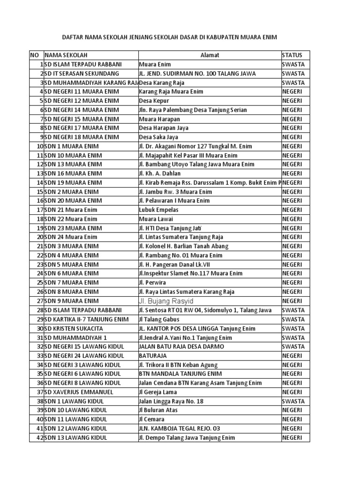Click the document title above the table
(180, 37)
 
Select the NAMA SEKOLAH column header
(66, 55)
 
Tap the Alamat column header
(210, 55)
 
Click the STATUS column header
(292, 55)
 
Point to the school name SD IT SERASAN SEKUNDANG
(82, 74)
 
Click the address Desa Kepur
(154, 101)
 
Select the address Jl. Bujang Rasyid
(166, 301)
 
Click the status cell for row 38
(293, 401)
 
